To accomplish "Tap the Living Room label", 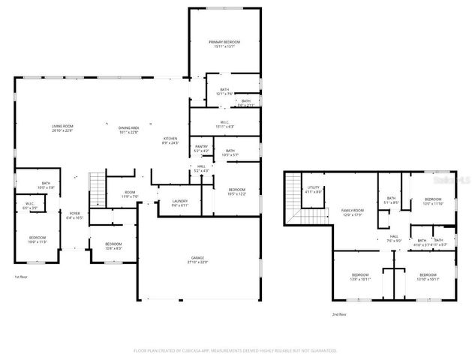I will click(x=62, y=128).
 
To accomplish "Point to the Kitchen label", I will click(x=171, y=140).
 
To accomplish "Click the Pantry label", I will click(x=201, y=148).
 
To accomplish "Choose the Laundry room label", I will click(x=179, y=202).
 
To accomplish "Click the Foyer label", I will click(x=75, y=216).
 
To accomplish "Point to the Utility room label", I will click(x=314, y=190).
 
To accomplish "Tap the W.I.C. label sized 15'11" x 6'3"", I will click(x=224, y=124).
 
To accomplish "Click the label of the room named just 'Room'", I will click(x=130, y=194).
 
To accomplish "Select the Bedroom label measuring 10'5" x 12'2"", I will click(x=236, y=191).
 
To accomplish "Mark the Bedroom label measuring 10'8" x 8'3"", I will click(x=113, y=246).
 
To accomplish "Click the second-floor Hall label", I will click(x=394, y=238).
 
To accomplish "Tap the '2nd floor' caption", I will click(x=340, y=315).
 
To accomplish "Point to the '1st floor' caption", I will click(x=21, y=277).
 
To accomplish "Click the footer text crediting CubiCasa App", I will click(x=236, y=349).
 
